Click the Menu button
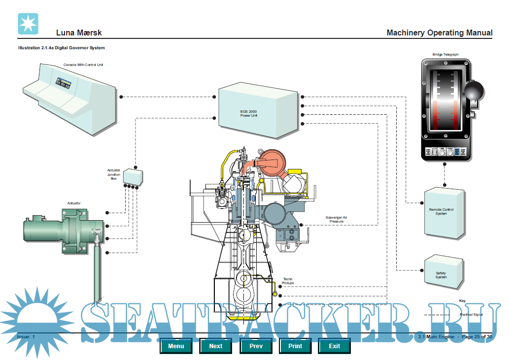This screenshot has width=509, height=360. point(176,346)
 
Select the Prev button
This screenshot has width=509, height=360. point(256,346)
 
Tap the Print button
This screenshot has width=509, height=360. point(295,346)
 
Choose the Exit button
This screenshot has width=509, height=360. point(335,346)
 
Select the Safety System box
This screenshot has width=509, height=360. point(442,274)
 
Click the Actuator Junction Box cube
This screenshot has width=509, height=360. point(132,176)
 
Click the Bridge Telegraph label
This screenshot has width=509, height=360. point(445,54)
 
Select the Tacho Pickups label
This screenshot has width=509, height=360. point(288,281)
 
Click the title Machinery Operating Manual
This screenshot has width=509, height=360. point(439,33)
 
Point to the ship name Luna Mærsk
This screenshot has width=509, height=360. point(79,33)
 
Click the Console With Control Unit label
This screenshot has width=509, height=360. point(83,65)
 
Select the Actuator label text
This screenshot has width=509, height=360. point(74,203)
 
